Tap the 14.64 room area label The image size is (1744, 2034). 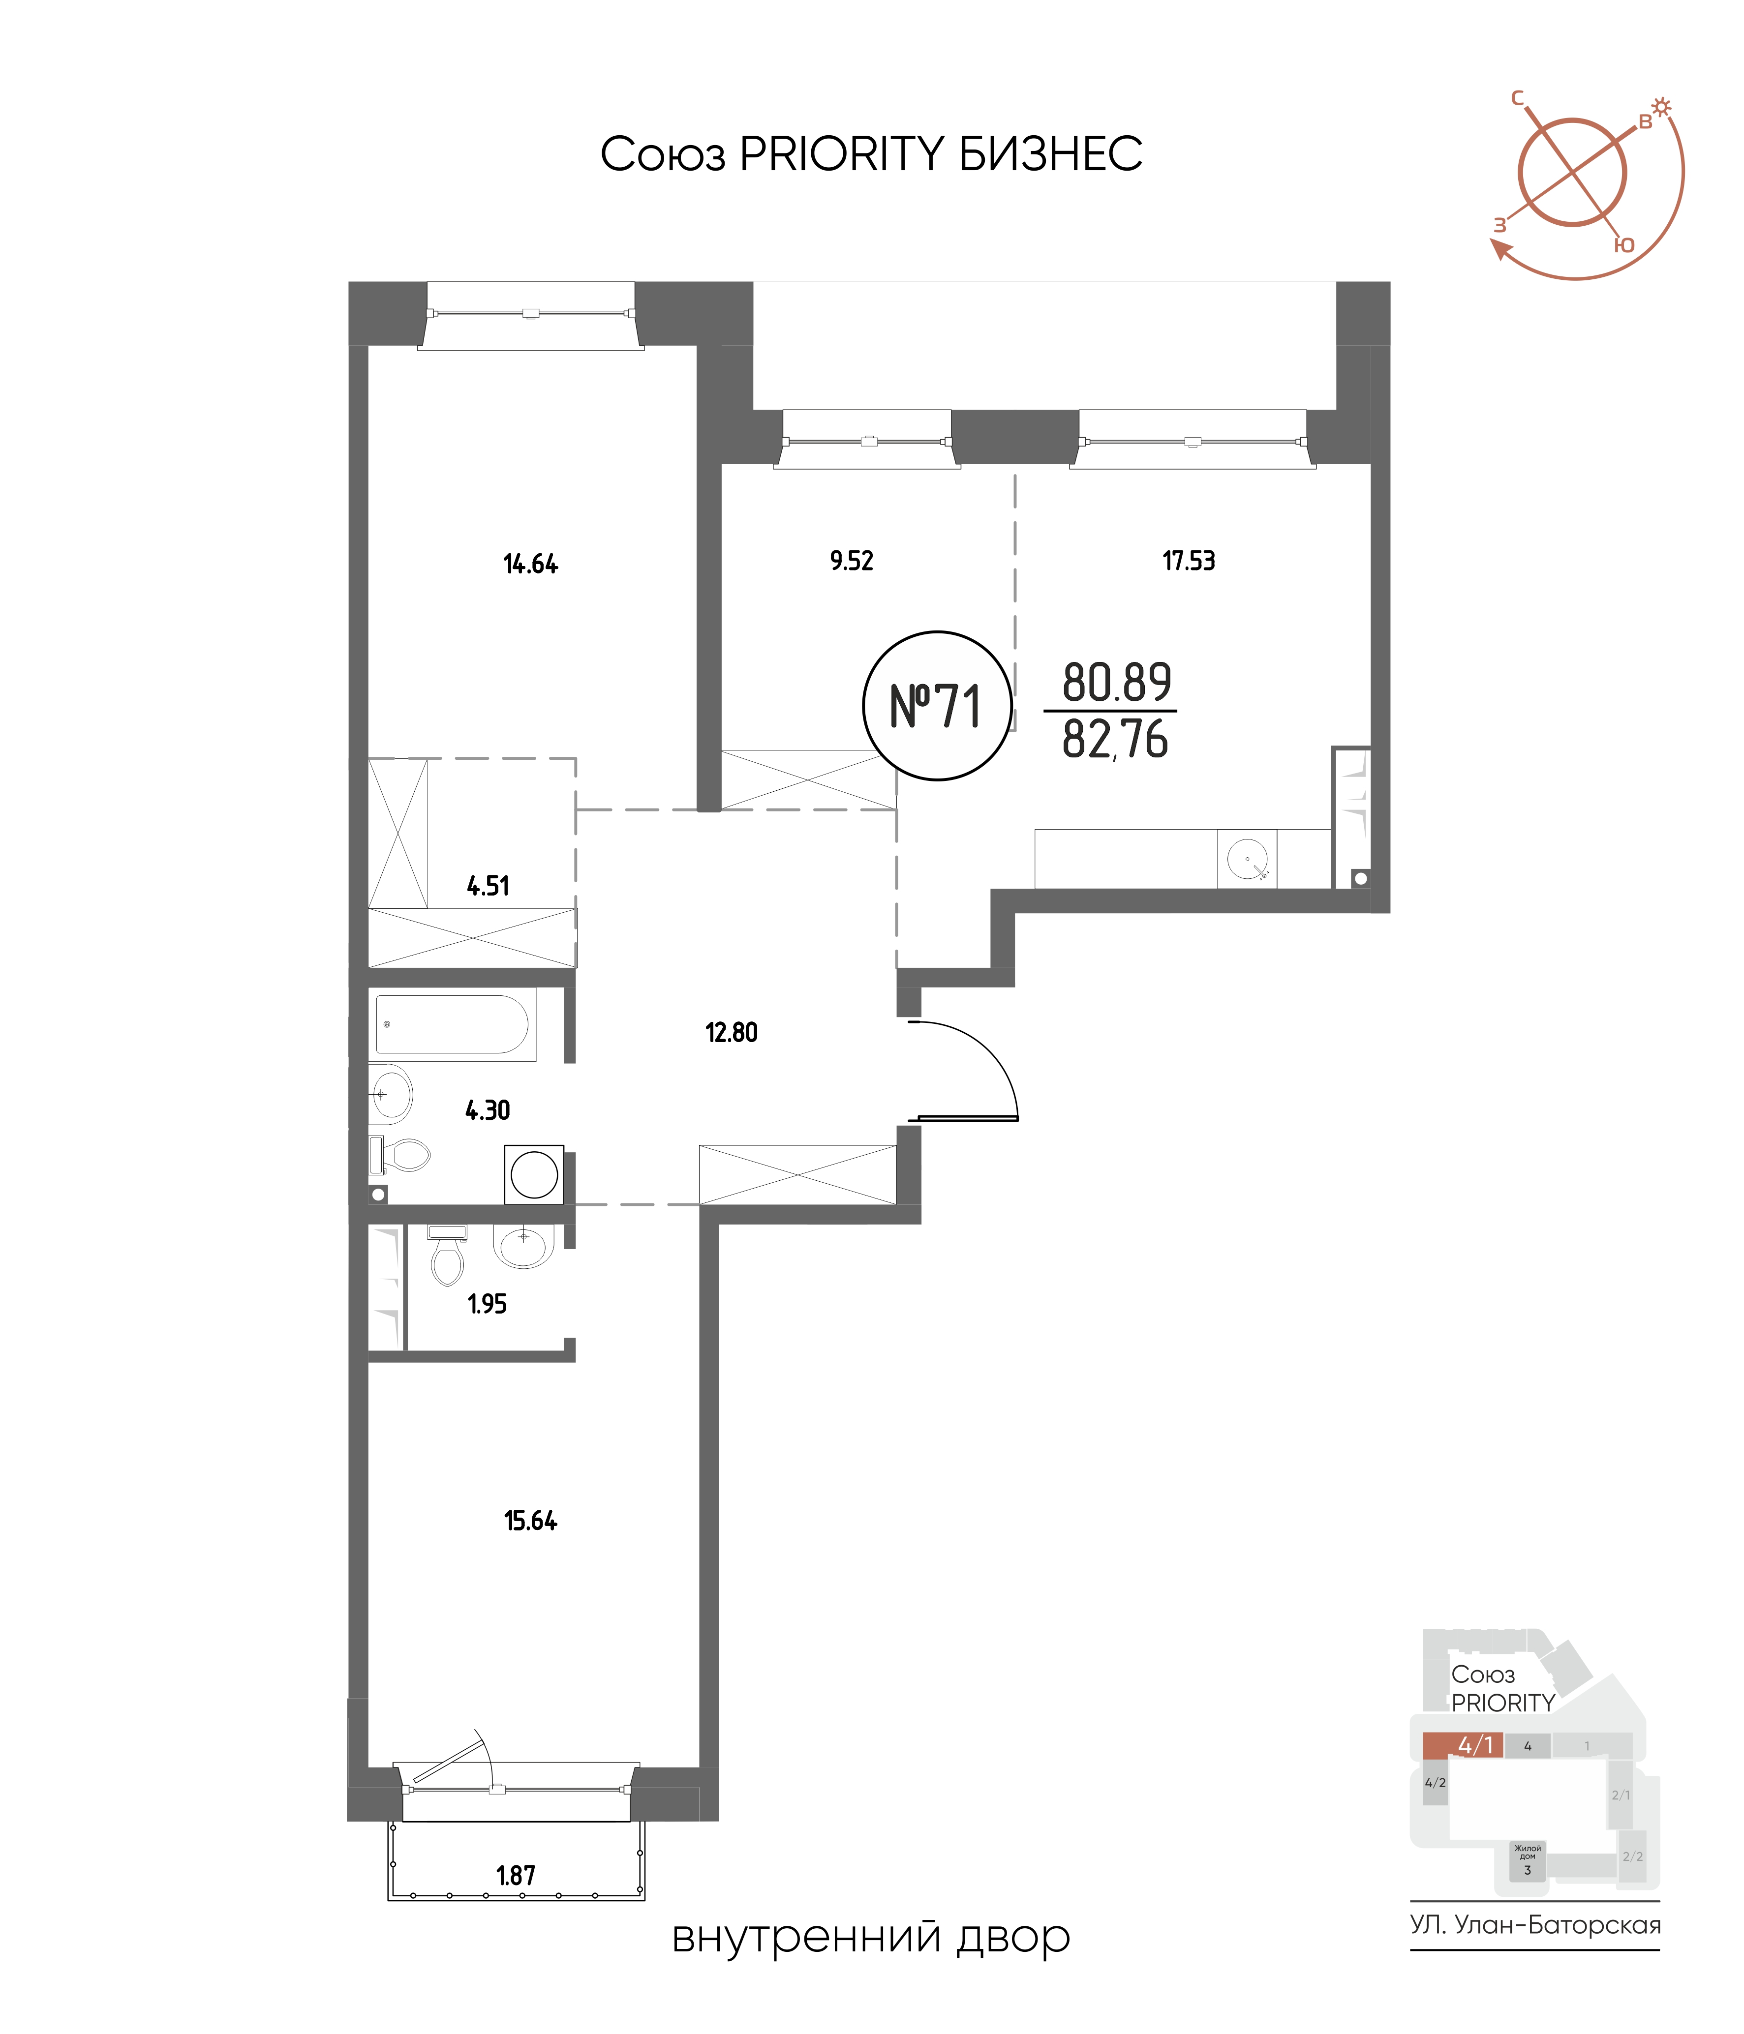(530, 565)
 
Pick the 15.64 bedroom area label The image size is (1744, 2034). (530, 1522)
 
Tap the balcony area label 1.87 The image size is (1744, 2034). (516, 1876)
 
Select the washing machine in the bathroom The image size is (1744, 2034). (534, 1174)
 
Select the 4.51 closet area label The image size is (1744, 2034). (488, 887)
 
